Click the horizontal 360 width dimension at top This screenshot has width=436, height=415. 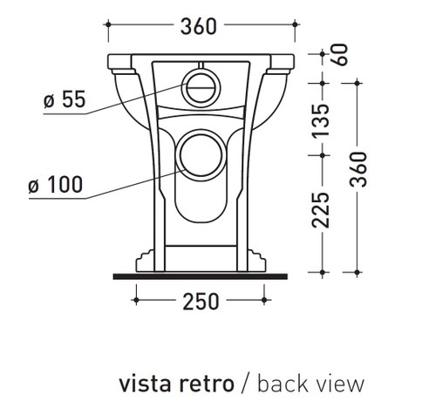(200, 27)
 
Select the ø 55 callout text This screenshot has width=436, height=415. (65, 100)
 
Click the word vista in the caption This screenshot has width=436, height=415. (143, 384)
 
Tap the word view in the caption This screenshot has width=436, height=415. (336, 384)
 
